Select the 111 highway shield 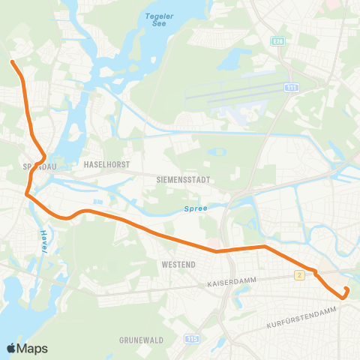[290, 88]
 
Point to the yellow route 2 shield [299, 275]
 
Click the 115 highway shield [193, 339]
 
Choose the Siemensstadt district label [183, 181]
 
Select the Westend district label [178, 265]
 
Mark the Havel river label [43, 241]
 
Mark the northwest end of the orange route [11, 61]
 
